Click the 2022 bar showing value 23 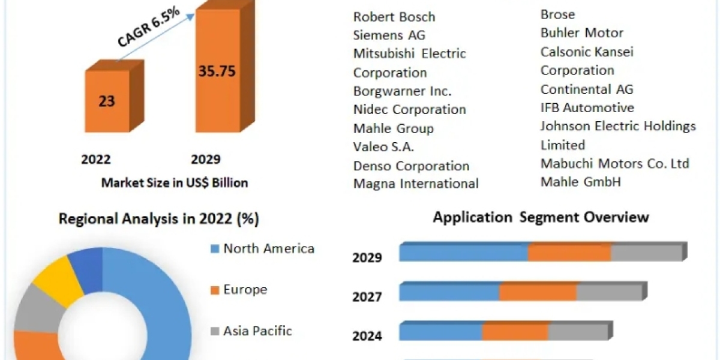(107, 101)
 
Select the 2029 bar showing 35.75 (217, 71)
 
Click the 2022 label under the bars (96, 159)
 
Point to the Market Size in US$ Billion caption (174, 182)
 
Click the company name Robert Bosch (394, 17)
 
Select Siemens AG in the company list (389, 35)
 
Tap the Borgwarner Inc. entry (402, 91)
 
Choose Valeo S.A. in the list (384, 146)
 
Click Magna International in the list (416, 184)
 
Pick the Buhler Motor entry (581, 33)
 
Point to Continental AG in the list (587, 89)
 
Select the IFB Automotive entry (587, 108)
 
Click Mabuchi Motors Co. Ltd (614, 163)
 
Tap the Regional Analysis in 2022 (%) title (158, 219)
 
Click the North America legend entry (268, 248)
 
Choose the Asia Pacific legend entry (257, 331)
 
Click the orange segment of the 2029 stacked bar (569, 253)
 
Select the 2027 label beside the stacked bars (367, 296)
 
